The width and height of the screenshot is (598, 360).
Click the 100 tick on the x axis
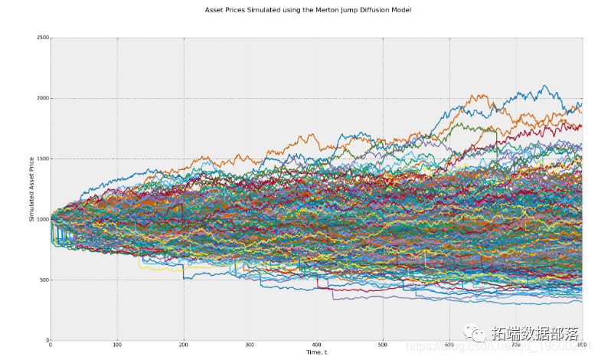(117, 345)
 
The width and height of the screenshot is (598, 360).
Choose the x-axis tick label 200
(184, 345)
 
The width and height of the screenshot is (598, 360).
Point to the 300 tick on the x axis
(250, 345)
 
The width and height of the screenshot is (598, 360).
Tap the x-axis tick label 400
(316, 345)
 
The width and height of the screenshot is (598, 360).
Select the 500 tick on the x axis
(382, 345)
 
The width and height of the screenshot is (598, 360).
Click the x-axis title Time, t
(316, 353)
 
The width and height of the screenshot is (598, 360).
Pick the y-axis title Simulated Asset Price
(31, 188)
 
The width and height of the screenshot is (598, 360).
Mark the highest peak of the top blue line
(544, 86)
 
